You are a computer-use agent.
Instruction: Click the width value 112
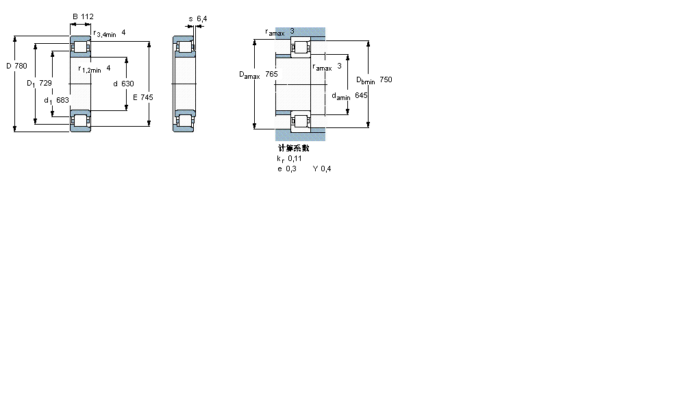click(x=87, y=16)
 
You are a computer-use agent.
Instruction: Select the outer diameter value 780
click(x=20, y=66)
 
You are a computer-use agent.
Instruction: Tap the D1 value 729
click(x=45, y=83)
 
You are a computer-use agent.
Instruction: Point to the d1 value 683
click(x=62, y=101)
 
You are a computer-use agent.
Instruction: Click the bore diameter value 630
click(x=127, y=84)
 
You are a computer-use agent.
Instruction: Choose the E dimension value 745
click(x=147, y=97)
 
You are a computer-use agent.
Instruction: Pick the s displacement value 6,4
click(x=201, y=18)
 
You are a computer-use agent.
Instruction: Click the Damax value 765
click(x=271, y=74)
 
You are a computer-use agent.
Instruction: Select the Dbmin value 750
click(x=386, y=80)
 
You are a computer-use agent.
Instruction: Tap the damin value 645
click(x=361, y=95)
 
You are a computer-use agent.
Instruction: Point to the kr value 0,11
click(x=295, y=158)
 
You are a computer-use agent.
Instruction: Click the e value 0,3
click(x=291, y=169)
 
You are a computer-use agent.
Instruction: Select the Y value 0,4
click(x=325, y=169)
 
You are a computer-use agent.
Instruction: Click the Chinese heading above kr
click(x=293, y=148)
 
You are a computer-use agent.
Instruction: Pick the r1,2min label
click(x=89, y=68)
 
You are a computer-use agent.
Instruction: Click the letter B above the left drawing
click(x=75, y=16)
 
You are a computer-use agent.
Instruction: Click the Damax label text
click(x=249, y=75)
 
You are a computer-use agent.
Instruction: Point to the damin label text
click(x=340, y=97)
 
